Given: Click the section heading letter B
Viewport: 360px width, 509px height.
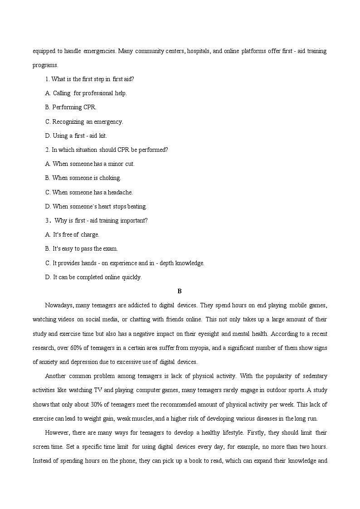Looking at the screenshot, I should click(180, 291).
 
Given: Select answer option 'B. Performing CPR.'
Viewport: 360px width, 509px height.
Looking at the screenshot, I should click(71, 107).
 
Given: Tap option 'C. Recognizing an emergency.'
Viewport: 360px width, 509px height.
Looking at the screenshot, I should click(84, 121).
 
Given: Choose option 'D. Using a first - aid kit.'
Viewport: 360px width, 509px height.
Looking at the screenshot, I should click(76, 136).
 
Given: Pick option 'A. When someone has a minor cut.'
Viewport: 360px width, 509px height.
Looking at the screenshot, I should click(90, 164).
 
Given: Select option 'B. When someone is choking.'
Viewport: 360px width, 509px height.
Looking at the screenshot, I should click(83, 178).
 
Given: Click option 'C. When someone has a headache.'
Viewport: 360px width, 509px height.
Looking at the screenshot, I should click(89, 192).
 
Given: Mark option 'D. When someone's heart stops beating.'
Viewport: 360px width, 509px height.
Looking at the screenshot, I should click(96, 206).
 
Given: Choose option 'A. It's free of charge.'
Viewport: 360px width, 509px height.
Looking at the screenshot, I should click(72, 234).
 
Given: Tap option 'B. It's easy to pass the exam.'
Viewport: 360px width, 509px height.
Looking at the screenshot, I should click(81, 248).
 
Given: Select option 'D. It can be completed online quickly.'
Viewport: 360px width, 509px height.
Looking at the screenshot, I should click(93, 277).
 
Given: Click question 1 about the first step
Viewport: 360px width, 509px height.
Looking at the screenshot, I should click(89, 79).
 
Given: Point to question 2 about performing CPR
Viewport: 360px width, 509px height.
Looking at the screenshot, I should click(107, 150).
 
